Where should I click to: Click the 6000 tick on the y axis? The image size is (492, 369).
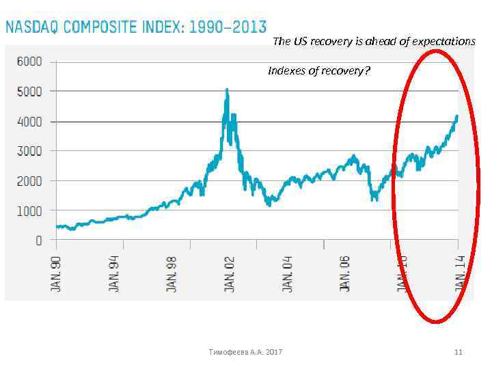(x=29, y=61)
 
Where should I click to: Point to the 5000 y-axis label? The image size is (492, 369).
(x=29, y=91)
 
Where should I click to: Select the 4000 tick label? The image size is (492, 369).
(x=29, y=121)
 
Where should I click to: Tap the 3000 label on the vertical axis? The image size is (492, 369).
(x=29, y=150)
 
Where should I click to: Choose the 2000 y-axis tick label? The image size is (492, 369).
(x=29, y=180)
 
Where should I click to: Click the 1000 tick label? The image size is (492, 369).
(x=29, y=210)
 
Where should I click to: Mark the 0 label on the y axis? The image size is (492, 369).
(x=38, y=241)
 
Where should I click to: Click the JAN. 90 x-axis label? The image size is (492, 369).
(x=57, y=274)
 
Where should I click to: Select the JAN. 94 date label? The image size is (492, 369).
(x=114, y=274)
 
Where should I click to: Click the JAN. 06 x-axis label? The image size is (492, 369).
(x=344, y=274)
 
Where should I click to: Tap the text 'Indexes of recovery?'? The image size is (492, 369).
(x=319, y=70)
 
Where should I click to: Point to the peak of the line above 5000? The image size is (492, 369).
(x=227, y=90)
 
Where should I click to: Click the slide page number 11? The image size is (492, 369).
(x=459, y=352)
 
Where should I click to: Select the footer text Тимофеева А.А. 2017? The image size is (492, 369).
(x=246, y=352)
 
